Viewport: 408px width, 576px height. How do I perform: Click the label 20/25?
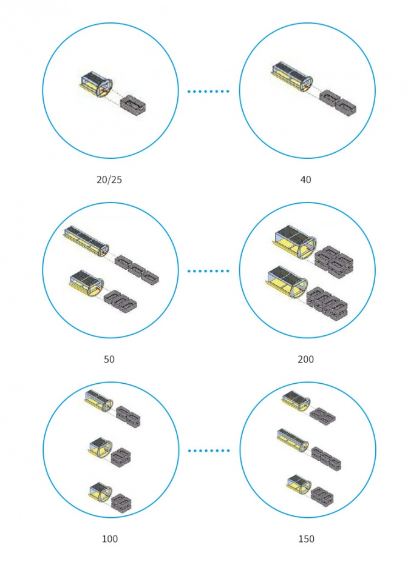tap(109, 179)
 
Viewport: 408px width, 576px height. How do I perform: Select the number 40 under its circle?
tap(306, 179)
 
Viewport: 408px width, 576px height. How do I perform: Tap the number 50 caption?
tap(109, 359)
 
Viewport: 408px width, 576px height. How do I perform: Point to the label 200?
tap(306, 359)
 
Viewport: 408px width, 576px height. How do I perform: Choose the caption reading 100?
tap(110, 539)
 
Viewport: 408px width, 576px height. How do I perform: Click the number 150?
tap(306, 539)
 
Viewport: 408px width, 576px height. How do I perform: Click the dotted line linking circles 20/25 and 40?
tap(208, 91)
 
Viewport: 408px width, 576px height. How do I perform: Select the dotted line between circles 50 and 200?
tap(208, 271)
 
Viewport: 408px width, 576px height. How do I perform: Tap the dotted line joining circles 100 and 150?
tap(209, 450)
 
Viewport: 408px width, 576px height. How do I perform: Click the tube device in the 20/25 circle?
tap(96, 85)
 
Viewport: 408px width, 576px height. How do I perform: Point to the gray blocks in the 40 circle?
tap(338, 102)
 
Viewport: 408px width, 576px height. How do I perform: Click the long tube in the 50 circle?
tap(86, 241)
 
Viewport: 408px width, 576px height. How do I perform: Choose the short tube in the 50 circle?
tap(86, 283)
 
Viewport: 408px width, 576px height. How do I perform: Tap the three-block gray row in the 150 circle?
tap(326, 459)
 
